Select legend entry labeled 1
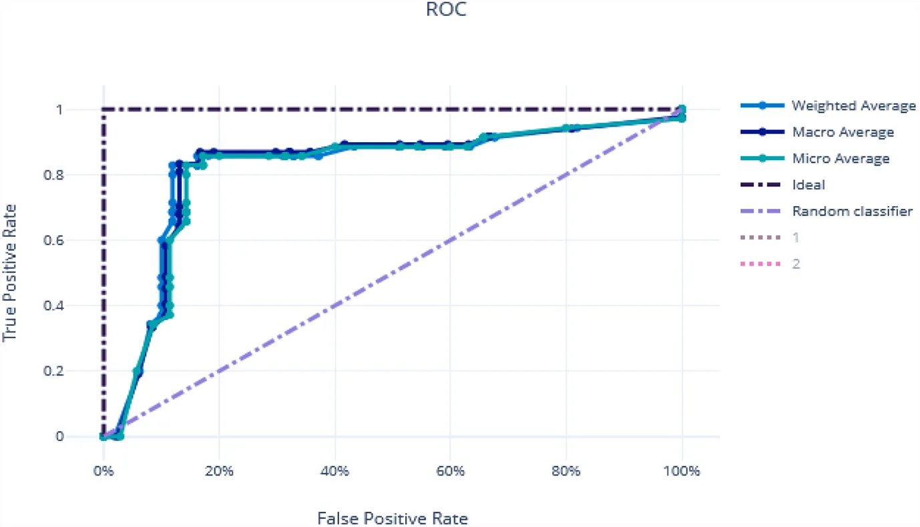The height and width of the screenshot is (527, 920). tap(795, 237)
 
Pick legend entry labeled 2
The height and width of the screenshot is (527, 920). tap(796, 264)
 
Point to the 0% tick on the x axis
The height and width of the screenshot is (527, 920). tap(103, 472)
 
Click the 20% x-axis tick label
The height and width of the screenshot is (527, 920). tap(219, 472)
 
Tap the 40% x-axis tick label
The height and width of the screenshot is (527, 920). tap(334, 472)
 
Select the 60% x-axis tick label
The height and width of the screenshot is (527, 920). tap(451, 472)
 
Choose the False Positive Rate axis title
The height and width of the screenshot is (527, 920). tap(393, 518)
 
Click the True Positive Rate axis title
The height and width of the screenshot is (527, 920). tap(10, 273)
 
